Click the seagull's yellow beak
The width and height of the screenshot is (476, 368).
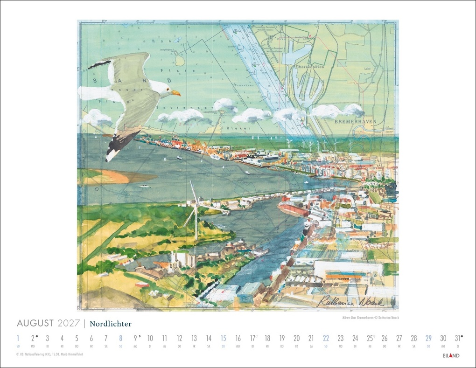click(176, 93)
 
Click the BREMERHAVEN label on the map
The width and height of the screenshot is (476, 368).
click(355, 121)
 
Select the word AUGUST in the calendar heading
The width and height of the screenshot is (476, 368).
click(35, 323)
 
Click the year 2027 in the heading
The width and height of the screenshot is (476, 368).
click(69, 323)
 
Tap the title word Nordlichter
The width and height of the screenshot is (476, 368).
click(111, 324)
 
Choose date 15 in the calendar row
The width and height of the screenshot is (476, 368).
click(223, 339)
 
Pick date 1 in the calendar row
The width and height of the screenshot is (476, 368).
click(18, 339)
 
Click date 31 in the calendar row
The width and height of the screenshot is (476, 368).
click(457, 339)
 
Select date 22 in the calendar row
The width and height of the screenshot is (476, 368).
click(326, 339)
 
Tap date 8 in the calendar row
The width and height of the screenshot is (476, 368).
click(120, 339)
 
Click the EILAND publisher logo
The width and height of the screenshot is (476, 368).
click(451, 355)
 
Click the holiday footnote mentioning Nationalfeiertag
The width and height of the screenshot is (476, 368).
click(51, 355)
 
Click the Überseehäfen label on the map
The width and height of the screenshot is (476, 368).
click(310, 67)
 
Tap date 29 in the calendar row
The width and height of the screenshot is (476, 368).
click(428, 339)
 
